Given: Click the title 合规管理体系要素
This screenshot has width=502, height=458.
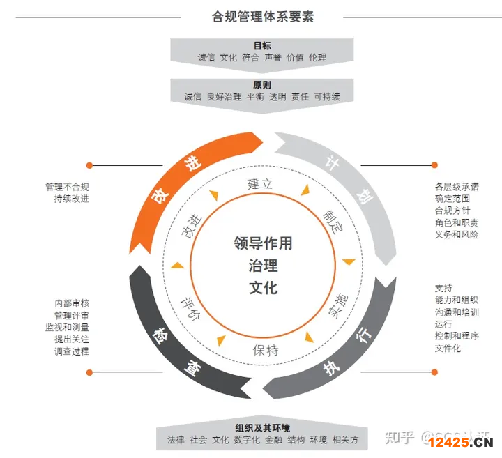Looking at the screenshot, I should (x=263, y=16).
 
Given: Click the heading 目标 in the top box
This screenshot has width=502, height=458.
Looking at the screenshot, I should (x=262, y=45).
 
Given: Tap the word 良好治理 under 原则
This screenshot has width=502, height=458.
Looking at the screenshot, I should (x=224, y=97).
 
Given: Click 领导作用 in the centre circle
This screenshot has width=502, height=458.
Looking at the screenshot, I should (x=263, y=243).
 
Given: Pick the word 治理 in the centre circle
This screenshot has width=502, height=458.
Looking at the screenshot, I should (x=263, y=266).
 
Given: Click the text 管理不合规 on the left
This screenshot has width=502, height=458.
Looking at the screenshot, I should (x=67, y=187).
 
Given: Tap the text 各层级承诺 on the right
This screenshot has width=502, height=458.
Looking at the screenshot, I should (x=457, y=187).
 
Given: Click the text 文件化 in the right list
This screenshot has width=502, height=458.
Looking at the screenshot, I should (x=448, y=348).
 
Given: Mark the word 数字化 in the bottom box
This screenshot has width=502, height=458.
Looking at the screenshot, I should (x=247, y=440).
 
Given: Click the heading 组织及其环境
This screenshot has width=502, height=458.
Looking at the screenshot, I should (x=262, y=427).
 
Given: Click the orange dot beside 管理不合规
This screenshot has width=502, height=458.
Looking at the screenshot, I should (x=89, y=165).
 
